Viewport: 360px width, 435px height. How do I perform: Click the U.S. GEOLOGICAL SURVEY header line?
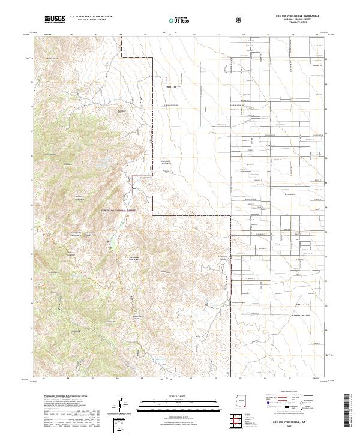point(88,21)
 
